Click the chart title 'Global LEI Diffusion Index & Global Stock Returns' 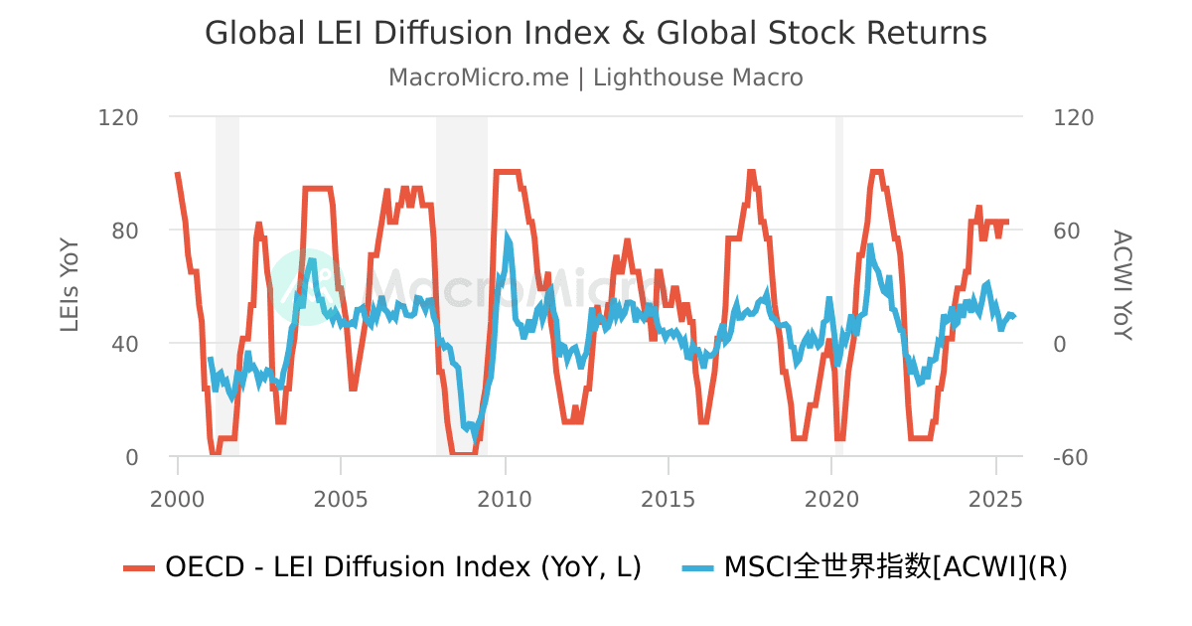pyautogui.click(x=596, y=33)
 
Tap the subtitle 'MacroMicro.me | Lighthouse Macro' pyautogui.click(x=596, y=78)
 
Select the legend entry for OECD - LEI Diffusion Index pyautogui.click(x=402, y=567)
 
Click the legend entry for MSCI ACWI pyautogui.click(x=894, y=567)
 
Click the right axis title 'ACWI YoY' pyautogui.click(x=1121, y=286)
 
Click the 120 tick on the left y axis pyautogui.click(x=118, y=117)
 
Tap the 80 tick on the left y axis pyautogui.click(x=124, y=231)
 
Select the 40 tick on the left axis pyautogui.click(x=124, y=344)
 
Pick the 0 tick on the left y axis pyautogui.click(x=131, y=457)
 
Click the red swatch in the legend pyautogui.click(x=139, y=567)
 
